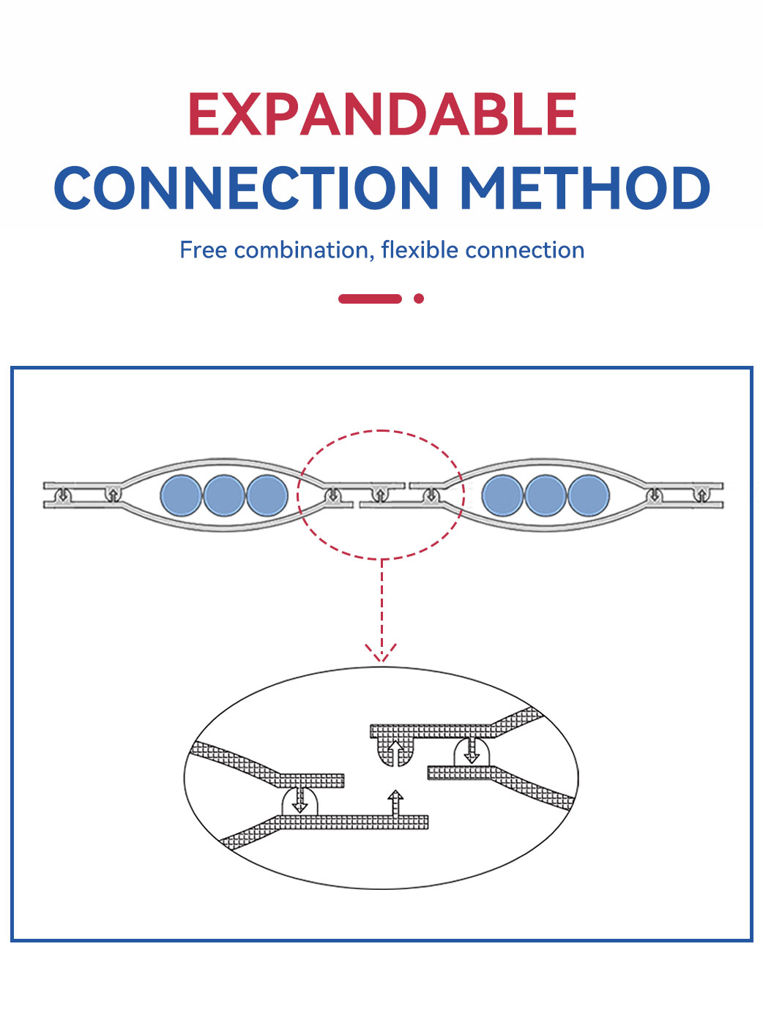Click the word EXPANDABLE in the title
click(x=382, y=114)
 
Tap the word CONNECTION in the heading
click(x=247, y=188)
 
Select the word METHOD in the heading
click(x=584, y=188)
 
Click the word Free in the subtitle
click(x=204, y=250)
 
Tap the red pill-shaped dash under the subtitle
click(x=370, y=299)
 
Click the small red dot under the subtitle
click(x=419, y=299)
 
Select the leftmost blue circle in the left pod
click(x=181, y=495)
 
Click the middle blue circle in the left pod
click(x=224, y=495)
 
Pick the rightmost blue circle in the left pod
click(x=267, y=495)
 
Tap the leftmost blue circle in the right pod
click(x=502, y=495)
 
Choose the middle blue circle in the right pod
click(x=546, y=495)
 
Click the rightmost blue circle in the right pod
click(x=589, y=495)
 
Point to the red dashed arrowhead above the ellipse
click(x=381, y=653)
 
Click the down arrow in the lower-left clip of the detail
click(x=299, y=801)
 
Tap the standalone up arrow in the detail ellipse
click(x=395, y=802)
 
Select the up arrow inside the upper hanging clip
click(x=395, y=752)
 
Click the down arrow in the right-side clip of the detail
click(x=472, y=751)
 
